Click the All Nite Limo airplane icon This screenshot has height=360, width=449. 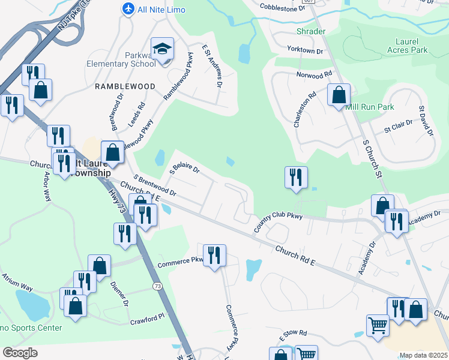[128, 9]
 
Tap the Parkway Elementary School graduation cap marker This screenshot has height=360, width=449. [161, 49]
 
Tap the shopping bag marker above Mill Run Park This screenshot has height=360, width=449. [339, 95]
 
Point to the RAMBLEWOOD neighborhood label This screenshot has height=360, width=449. [125, 86]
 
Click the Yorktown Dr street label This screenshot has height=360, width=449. [305, 51]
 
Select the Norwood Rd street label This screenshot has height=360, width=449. [314, 75]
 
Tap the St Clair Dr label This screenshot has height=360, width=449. [399, 126]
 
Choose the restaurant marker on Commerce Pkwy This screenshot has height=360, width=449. [214, 256]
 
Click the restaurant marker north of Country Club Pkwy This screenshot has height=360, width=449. [296, 178]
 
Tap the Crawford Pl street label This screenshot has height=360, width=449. [147, 319]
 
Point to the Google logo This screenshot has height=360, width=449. [20, 352]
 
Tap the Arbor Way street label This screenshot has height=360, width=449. [46, 187]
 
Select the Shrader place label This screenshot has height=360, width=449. [310, 31]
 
